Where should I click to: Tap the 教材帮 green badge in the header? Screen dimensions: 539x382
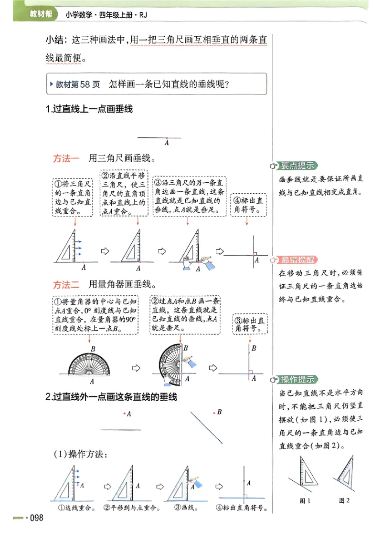click(41, 15)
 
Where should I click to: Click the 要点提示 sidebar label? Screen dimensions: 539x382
click(297, 166)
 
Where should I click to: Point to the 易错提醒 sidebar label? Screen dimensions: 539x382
click(297, 260)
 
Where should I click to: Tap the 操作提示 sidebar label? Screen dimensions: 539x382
click(297, 380)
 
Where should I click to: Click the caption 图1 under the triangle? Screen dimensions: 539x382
click(305, 500)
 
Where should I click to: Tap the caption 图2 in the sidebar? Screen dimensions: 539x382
click(344, 500)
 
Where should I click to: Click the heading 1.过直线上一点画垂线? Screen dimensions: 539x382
click(89, 109)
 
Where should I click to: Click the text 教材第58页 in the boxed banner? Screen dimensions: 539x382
click(77, 84)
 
